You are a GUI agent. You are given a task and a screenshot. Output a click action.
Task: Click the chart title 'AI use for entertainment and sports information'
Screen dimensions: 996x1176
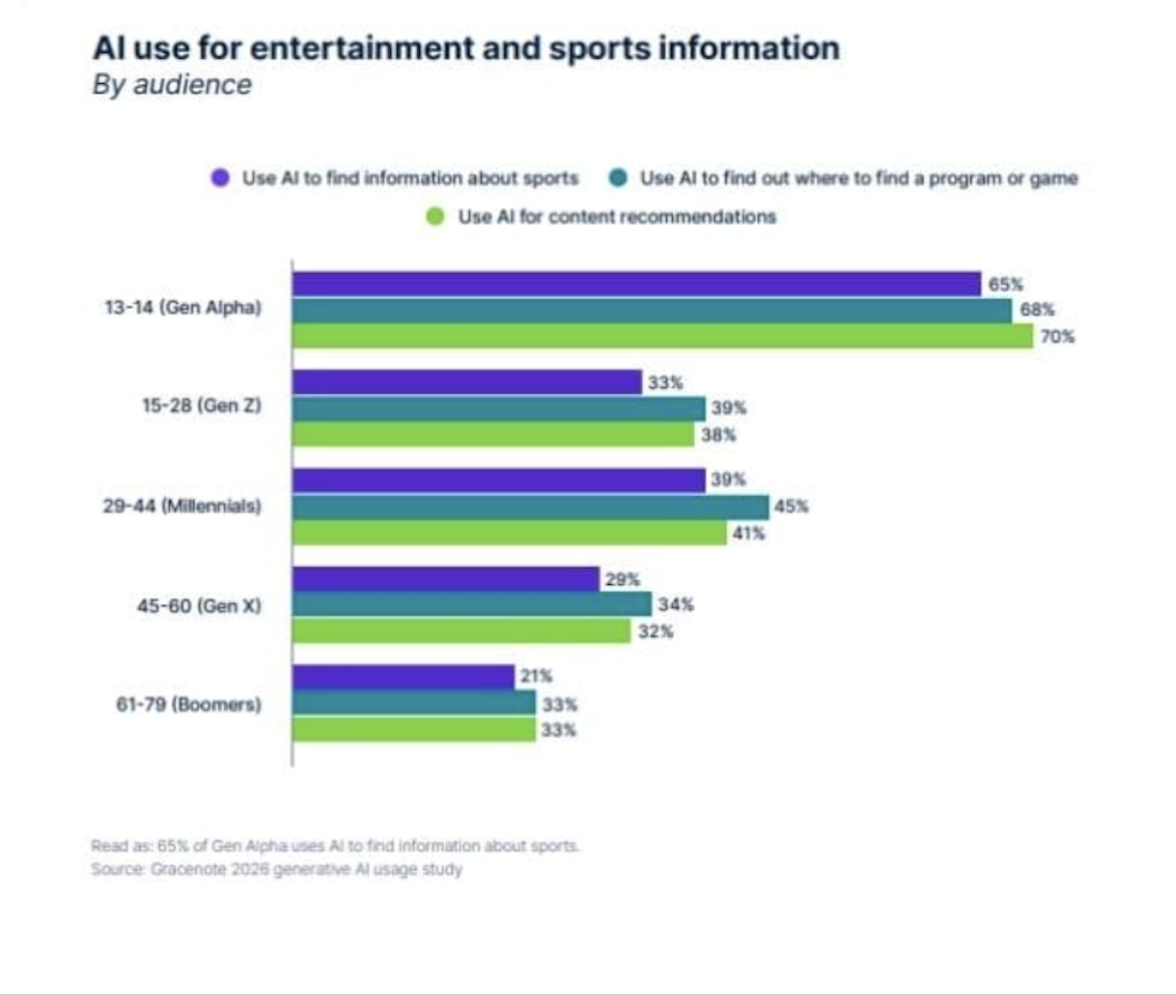[466, 48]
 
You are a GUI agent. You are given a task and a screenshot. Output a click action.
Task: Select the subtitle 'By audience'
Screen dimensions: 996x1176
[172, 85]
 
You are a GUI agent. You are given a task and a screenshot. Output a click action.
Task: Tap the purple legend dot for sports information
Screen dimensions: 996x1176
[221, 178]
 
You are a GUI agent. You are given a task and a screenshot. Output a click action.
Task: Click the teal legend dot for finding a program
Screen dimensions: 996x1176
[618, 178]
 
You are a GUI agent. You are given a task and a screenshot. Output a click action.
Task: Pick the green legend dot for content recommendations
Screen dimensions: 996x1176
[435, 216]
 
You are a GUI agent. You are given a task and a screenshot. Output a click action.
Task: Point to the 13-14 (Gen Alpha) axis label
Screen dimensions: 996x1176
[183, 308]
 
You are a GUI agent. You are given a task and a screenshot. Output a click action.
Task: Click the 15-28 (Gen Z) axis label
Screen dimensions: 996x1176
[202, 405]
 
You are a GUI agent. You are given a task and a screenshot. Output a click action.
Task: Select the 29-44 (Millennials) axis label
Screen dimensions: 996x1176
[182, 506]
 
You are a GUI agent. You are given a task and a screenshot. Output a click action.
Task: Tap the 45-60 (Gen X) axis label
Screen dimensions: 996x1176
[199, 606]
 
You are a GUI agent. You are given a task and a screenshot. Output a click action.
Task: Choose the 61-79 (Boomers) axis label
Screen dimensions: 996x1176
[188, 705]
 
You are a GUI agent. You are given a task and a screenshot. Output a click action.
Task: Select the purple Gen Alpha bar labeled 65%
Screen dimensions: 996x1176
[636, 284]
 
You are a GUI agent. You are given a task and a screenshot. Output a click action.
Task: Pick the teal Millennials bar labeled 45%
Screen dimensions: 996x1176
[530, 507]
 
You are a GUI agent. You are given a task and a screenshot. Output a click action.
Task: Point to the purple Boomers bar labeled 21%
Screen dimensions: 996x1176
[403, 677]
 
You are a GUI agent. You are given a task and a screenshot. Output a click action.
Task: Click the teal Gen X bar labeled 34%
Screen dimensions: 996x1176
[472, 605]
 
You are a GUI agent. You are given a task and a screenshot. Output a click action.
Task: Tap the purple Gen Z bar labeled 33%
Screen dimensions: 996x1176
[466, 382]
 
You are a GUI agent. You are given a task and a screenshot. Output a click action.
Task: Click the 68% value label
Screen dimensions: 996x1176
[1037, 310]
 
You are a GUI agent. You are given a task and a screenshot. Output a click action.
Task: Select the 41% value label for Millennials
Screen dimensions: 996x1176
[748, 533]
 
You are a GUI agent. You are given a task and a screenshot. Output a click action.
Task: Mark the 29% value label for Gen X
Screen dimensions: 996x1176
[622, 579]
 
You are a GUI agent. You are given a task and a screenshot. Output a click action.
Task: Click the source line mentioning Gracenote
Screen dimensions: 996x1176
[277, 870]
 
